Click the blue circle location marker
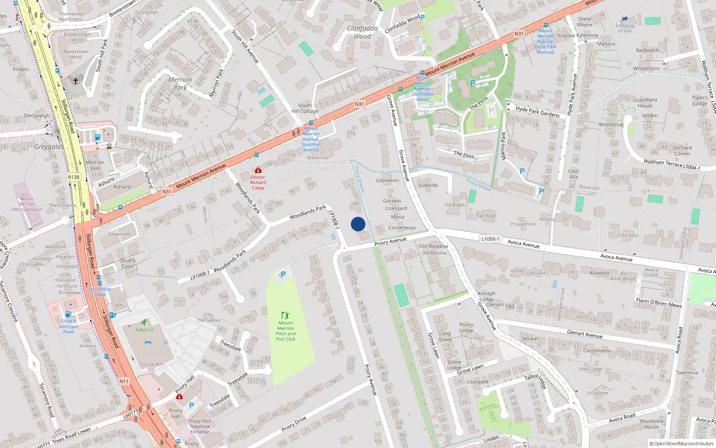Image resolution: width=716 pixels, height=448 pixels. [358, 224]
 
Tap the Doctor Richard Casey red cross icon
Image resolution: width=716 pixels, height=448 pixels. [258, 171]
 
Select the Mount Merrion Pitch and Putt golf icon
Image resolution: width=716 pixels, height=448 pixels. [285, 315]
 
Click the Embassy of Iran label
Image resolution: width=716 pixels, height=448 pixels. [625, 28]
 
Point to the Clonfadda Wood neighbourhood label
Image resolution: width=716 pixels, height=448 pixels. [362, 32]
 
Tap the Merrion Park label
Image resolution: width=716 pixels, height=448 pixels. [180, 83]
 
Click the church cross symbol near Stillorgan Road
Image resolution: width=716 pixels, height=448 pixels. [76, 81]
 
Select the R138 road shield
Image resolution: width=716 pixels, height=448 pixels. [73, 177]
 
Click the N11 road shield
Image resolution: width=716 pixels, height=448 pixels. [124, 381]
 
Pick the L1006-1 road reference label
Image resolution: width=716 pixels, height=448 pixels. [490, 239]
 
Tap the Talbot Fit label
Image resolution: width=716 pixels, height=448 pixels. [144, 330]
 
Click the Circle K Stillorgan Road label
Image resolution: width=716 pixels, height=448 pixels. [68, 326]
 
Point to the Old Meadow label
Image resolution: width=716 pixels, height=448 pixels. [433, 246]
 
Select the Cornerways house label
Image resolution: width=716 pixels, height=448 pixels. [402, 228]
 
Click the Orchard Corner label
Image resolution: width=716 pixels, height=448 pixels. [682, 151]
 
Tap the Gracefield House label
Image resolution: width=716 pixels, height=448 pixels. [645, 103]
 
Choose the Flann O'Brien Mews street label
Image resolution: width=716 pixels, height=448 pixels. [659, 303]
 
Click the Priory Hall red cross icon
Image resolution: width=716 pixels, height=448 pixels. [179, 397]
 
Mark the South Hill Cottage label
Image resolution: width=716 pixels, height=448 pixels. [305, 108]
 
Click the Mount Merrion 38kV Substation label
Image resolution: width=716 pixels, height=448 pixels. [27, 204]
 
